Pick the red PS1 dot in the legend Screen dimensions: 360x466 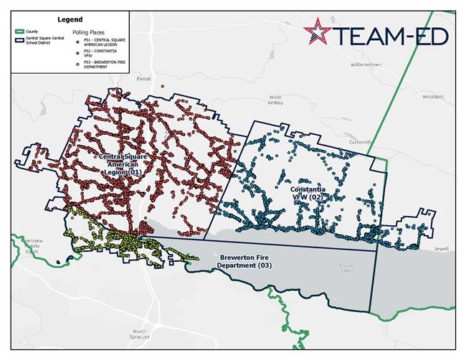76,42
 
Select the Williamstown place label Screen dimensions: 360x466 366,65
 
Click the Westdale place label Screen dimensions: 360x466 434,95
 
